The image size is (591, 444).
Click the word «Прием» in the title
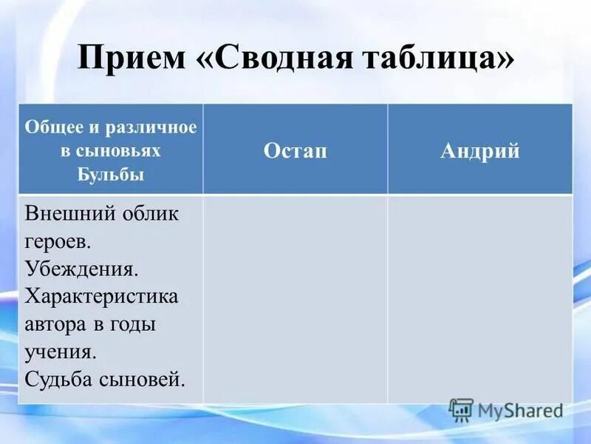click(128, 58)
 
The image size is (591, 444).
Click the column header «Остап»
click(295, 151)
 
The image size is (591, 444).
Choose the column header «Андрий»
click(480, 151)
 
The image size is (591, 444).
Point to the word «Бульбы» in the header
click(111, 175)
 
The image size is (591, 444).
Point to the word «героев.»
click(58, 242)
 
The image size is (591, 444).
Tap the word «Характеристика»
click(102, 297)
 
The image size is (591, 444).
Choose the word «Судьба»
click(59, 379)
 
